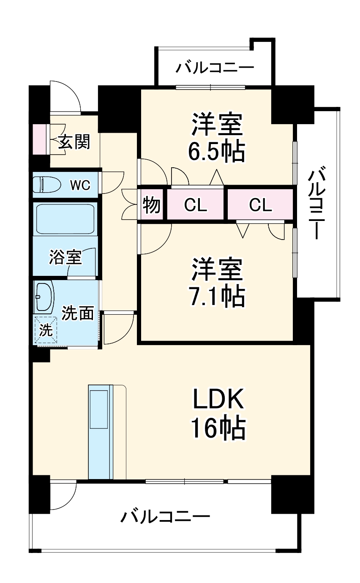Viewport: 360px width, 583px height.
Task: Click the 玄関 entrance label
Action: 74,142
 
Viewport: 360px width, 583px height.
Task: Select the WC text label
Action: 80,185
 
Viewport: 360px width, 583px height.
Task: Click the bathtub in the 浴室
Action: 65,219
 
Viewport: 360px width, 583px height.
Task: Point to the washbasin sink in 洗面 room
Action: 44,296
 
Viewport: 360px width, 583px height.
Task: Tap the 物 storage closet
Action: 151,205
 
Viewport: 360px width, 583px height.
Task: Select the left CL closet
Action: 196,205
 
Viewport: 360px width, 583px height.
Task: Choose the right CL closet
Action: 260,205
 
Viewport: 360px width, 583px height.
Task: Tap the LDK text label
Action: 218,399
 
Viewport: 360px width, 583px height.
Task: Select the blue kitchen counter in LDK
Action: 98,431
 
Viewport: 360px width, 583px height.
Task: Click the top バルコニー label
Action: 215,68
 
